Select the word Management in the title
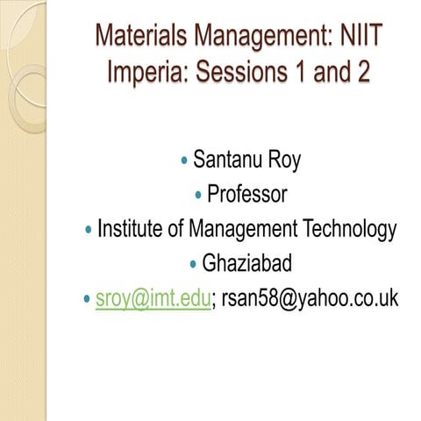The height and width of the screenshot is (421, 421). [248, 38]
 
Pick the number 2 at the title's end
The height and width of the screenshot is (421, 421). [361, 71]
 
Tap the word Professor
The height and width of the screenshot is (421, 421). [247, 195]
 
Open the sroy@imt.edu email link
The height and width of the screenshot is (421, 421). [153, 299]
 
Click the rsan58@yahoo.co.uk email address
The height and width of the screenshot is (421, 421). [308, 299]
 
